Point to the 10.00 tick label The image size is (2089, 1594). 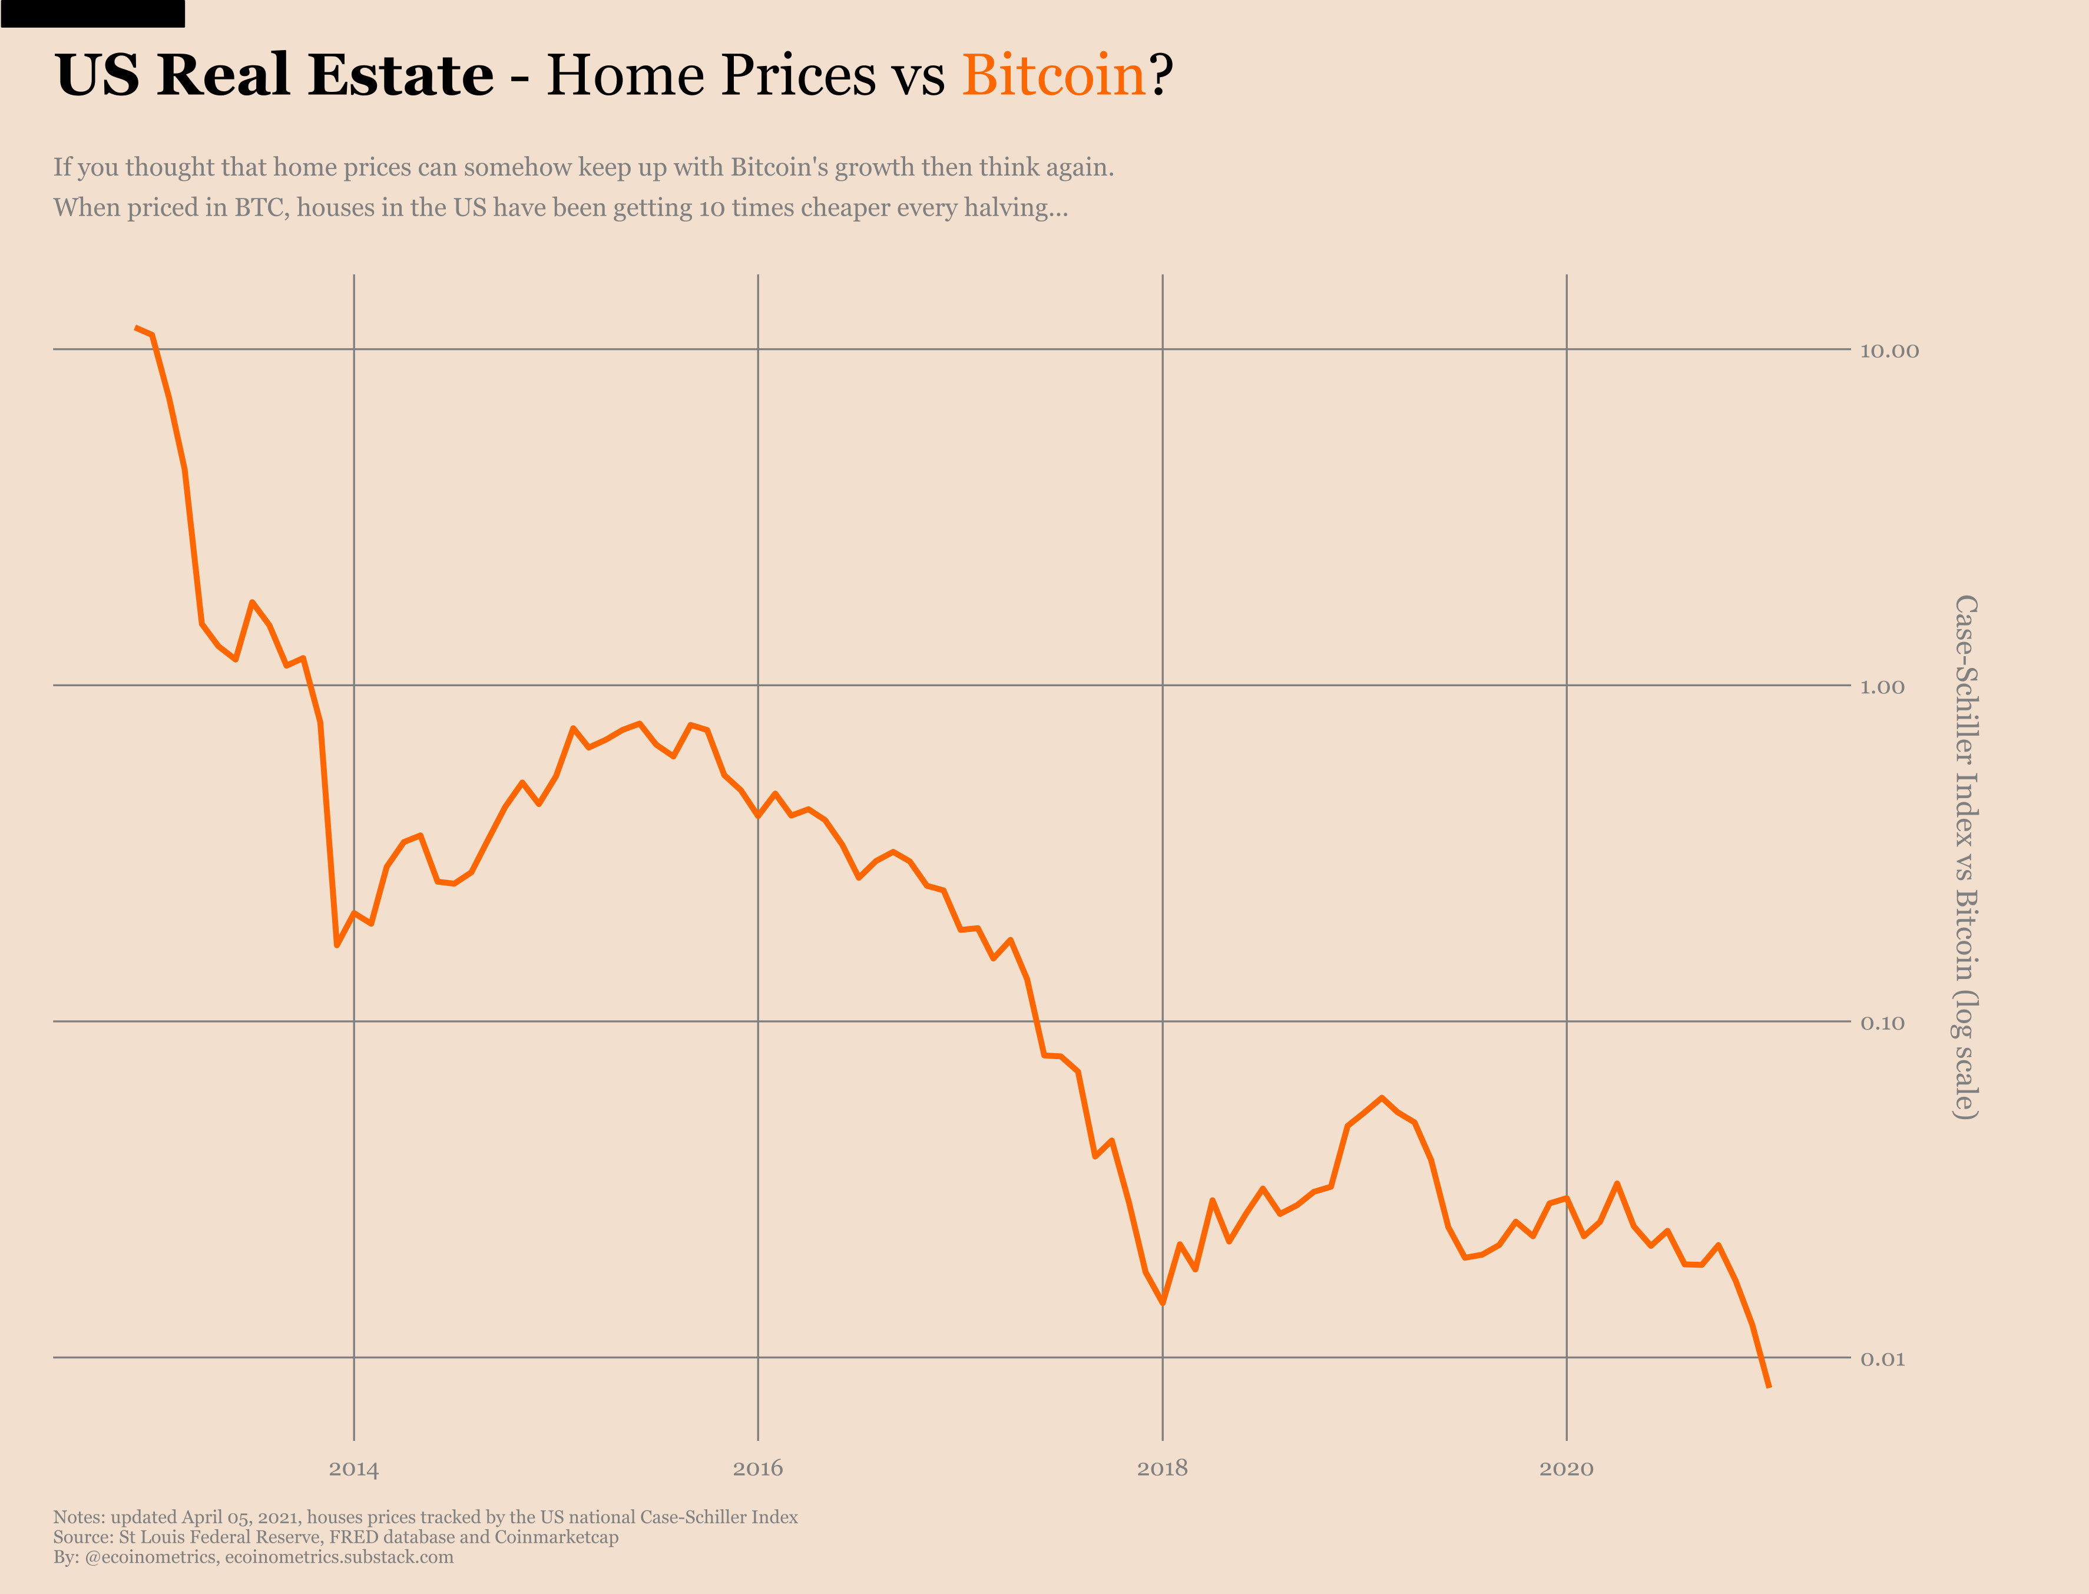pyautogui.click(x=1889, y=351)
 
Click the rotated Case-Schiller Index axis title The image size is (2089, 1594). pyautogui.click(x=1966, y=856)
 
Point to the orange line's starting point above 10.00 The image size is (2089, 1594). pyautogui.click(x=137, y=328)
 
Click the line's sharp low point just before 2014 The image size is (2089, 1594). pyautogui.click(x=337, y=945)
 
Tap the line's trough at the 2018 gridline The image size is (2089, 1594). pyautogui.click(x=1162, y=1304)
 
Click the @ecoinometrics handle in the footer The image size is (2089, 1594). pyautogui.click(x=150, y=1557)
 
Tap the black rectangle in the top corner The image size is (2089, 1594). pyautogui.click(x=92, y=14)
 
